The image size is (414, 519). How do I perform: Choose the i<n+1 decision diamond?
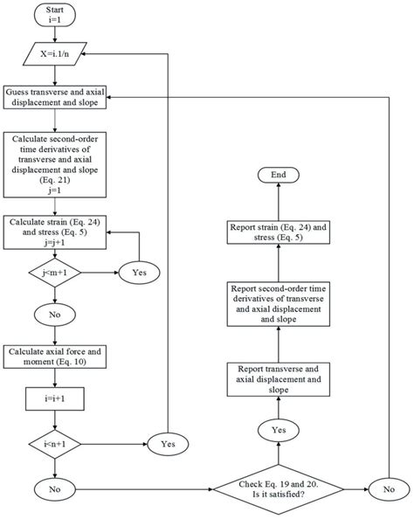pyautogui.click(x=55, y=442)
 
